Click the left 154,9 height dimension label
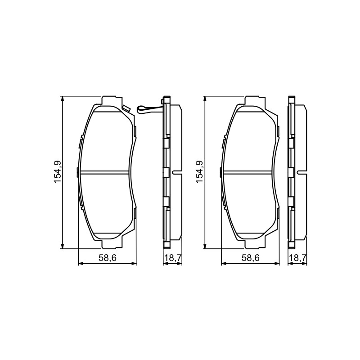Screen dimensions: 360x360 click(57, 172)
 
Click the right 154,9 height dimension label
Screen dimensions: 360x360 click(199, 172)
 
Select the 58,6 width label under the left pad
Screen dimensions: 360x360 click(108, 258)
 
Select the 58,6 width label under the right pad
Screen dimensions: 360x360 click(250, 258)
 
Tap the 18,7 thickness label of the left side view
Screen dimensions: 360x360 click(173, 258)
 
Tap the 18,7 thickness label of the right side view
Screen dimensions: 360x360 click(298, 258)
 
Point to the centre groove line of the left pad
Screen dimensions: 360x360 click(103, 172)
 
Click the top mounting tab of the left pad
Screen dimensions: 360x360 click(112, 100)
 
